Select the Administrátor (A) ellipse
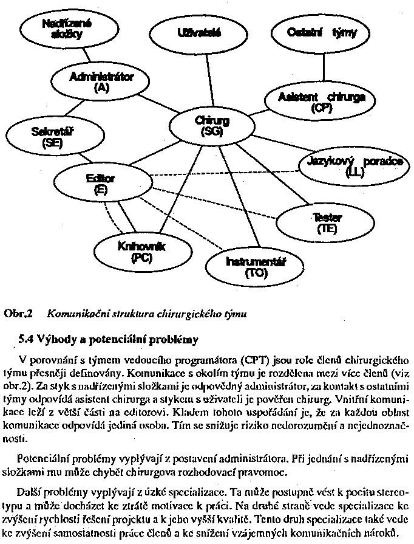101,82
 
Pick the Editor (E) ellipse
100,184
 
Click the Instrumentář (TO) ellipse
256,266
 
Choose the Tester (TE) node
327,223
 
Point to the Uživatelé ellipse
199,33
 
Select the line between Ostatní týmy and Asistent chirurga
322,68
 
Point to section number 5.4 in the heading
28,336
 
